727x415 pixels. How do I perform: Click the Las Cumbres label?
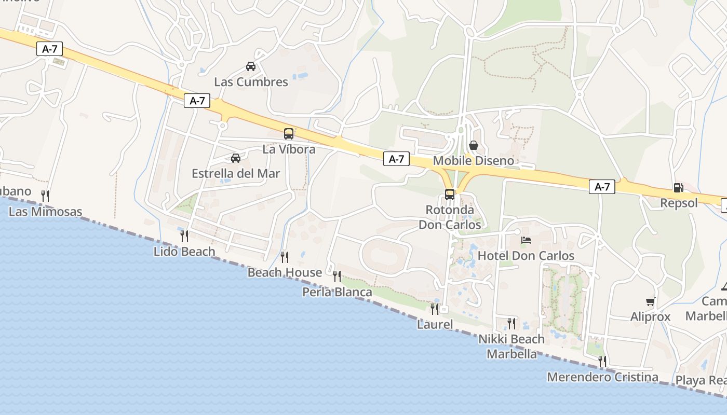(251, 82)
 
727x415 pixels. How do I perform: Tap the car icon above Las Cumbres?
(251, 66)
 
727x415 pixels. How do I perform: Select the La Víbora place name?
(289, 149)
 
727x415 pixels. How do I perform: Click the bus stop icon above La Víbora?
(289, 134)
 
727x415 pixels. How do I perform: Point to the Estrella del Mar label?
(236, 174)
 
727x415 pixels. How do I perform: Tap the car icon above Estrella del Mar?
(236, 158)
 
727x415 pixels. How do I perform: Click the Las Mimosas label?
(46, 212)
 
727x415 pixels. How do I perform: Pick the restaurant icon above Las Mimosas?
(45, 196)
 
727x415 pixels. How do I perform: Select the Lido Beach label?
(184, 252)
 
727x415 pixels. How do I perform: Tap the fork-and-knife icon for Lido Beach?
(184, 236)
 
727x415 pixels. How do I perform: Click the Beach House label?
(285, 272)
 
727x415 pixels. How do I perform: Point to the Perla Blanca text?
(337, 293)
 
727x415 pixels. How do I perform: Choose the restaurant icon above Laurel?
(435, 309)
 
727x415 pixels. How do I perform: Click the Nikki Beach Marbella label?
(511, 347)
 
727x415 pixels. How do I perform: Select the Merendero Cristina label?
(602, 377)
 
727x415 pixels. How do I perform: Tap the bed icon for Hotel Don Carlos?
(526, 240)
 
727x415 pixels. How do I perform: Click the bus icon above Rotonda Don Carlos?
(450, 195)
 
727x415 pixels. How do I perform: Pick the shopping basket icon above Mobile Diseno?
(474, 145)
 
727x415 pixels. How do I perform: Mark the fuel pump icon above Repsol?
(678, 188)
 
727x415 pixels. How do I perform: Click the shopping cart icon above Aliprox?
(650, 301)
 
